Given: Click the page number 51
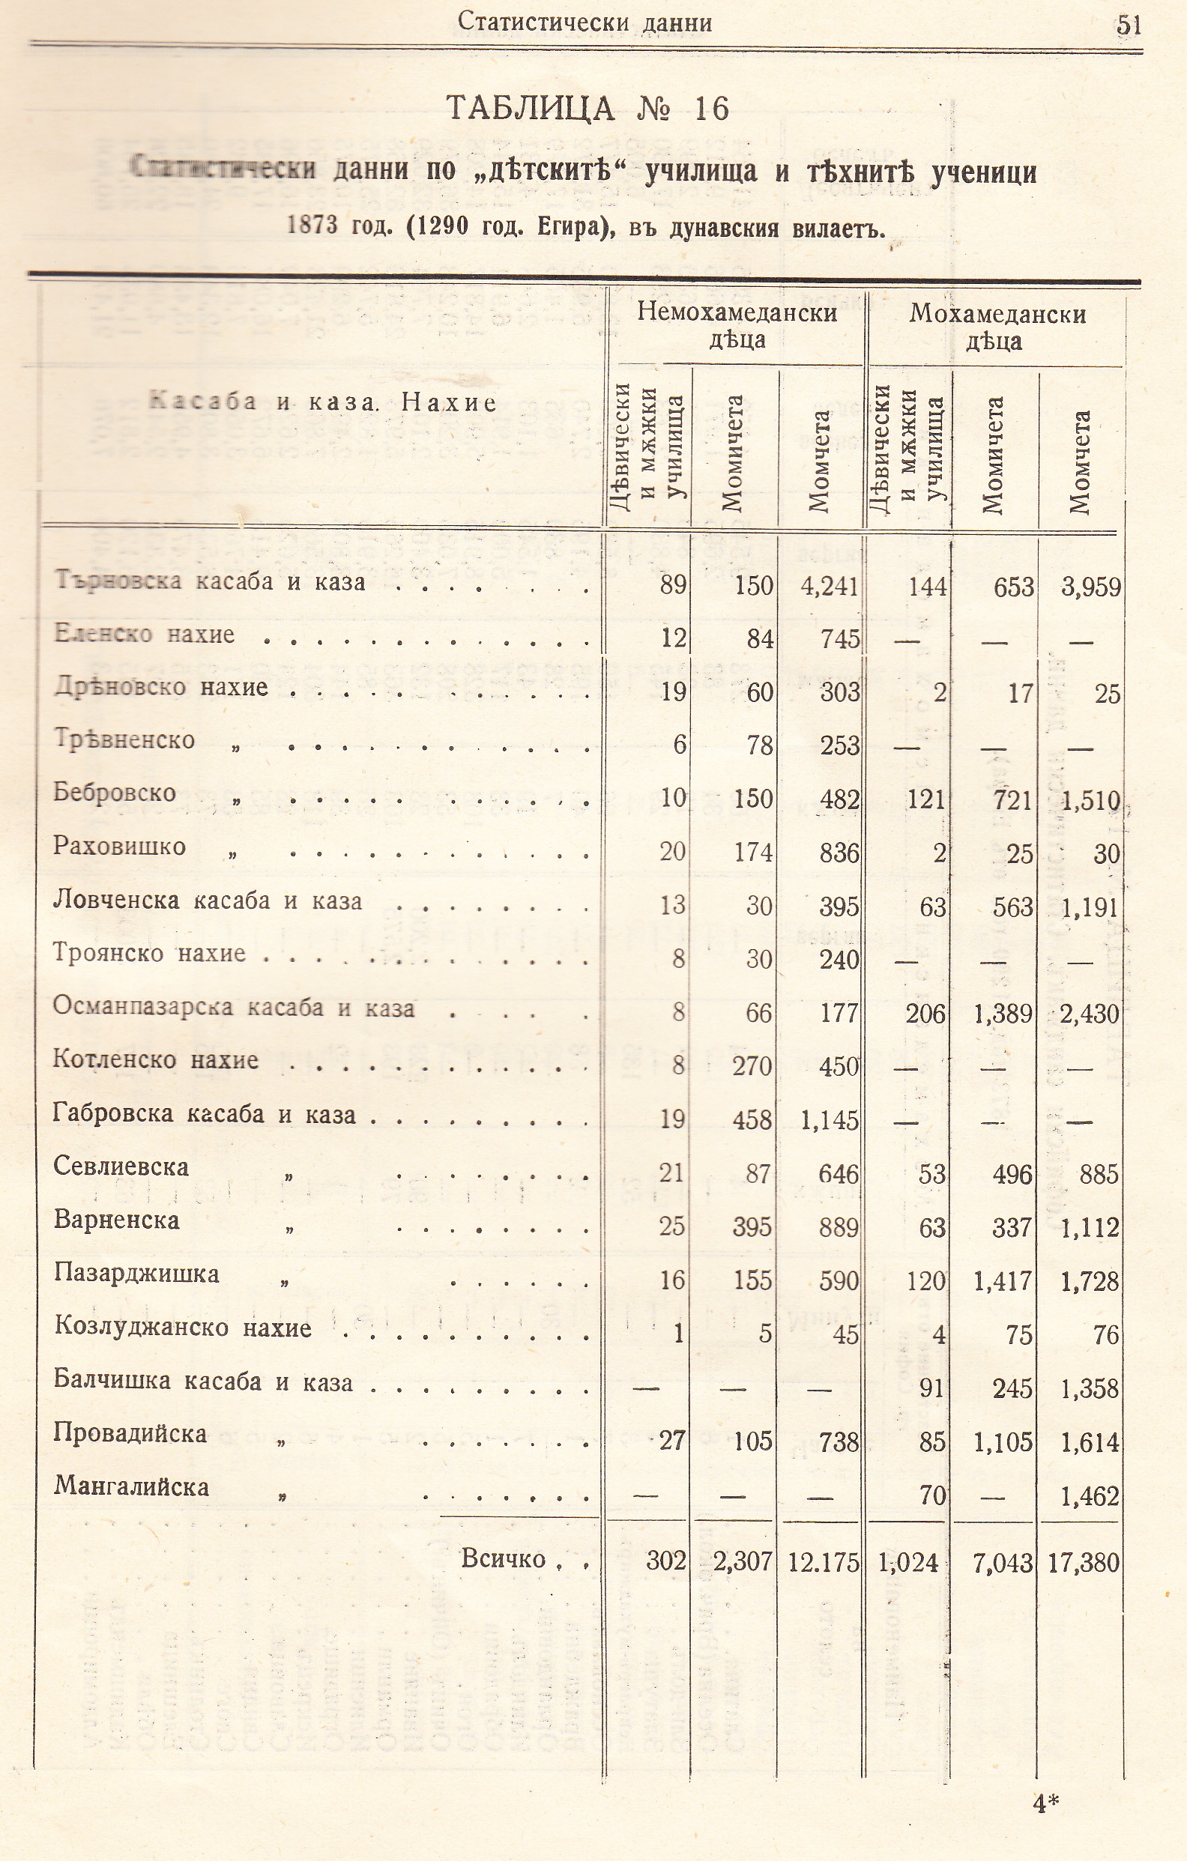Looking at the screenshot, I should (1129, 25).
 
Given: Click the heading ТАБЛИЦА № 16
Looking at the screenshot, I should (588, 108).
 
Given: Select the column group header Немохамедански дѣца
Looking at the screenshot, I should (737, 326).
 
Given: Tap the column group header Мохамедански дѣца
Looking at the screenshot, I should (997, 326).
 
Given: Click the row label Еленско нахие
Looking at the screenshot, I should (145, 635).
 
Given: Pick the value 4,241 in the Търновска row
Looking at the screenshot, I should (829, 586).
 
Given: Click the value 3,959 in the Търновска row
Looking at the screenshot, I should (1090, 587).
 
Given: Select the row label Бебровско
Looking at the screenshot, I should (115, 792).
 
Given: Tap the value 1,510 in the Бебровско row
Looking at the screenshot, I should (1090, 801).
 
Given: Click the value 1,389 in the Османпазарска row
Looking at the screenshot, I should (1003, 1013).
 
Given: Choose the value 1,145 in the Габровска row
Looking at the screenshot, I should (829, 1120).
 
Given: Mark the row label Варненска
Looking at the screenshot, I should (116, 1220).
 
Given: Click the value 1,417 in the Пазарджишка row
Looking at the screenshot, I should (1003, 1280).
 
